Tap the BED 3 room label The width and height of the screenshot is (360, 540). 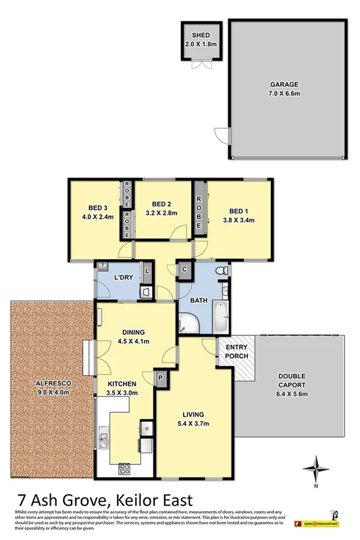point(97,207)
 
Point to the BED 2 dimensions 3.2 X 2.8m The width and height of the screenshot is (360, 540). point(163,212)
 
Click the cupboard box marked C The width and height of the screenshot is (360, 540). point(184,269)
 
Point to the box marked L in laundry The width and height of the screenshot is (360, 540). point(147,272)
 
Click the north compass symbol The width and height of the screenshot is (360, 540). point(314,468)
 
